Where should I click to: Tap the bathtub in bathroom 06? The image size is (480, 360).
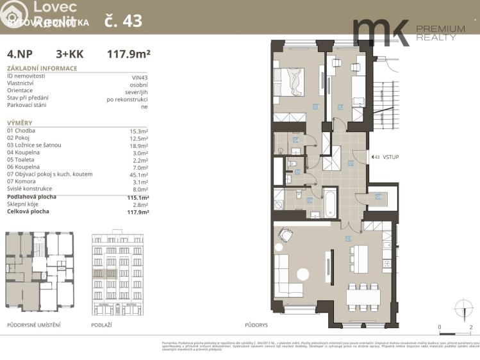click(329, 203)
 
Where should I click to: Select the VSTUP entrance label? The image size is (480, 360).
click(391, 157)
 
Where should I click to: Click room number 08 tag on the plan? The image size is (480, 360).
click(378, 197)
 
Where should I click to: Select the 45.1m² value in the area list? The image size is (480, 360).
click(138, 174)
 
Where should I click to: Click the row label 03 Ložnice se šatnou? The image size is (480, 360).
click(34, 145)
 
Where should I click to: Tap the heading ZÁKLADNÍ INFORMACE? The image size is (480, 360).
click(42, 68)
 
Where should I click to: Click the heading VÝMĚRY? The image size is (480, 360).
click(19, 122)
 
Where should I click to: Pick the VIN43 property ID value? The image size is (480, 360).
click(139, 77)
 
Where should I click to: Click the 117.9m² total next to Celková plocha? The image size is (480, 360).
click(138, 212)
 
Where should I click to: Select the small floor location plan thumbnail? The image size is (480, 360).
click(40, 272)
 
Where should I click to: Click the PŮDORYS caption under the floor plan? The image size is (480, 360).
click(256, 325)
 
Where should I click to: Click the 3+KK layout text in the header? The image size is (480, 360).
click(69, 54)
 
